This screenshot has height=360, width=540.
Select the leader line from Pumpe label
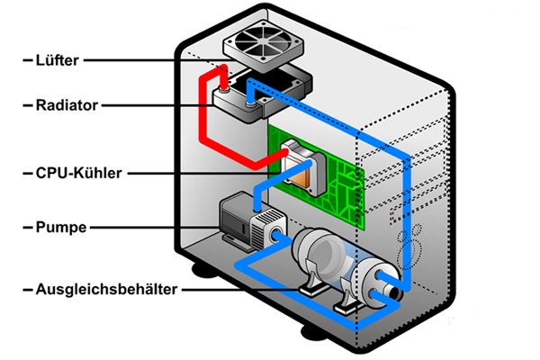click(x=153, y=228)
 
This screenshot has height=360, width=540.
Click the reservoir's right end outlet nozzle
click(x=392, y=291)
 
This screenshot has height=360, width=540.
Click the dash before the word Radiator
click(x=23, y=105)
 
